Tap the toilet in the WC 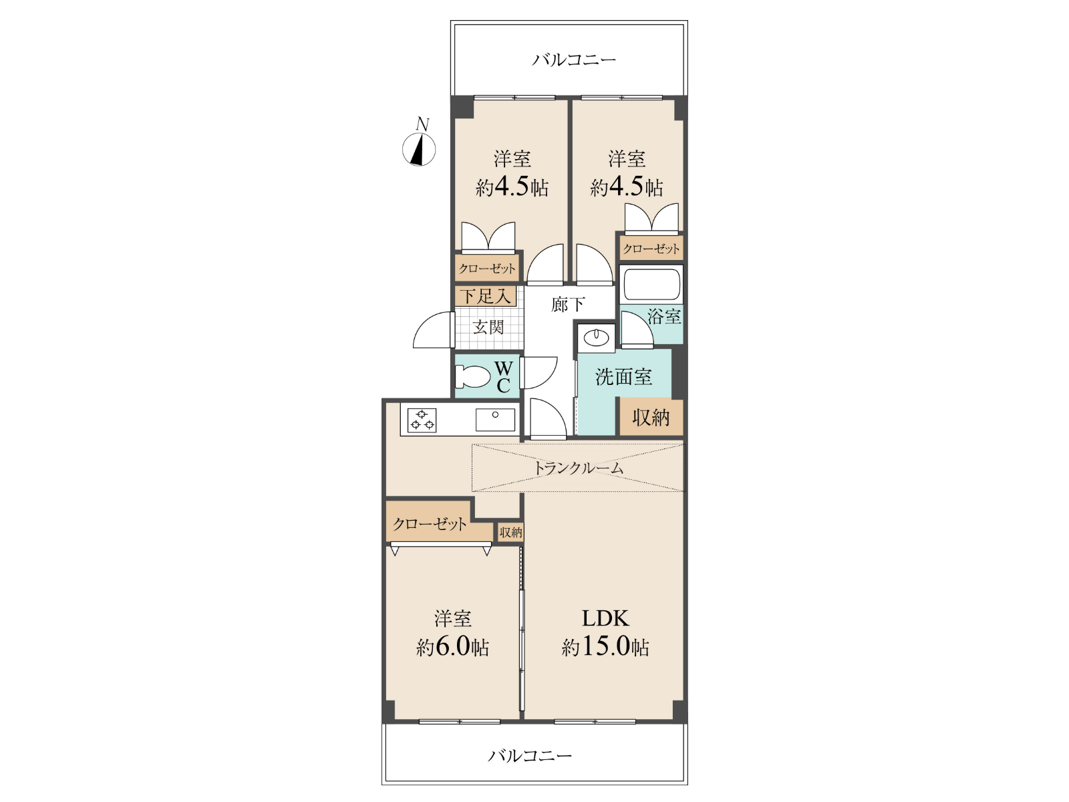(472, 376)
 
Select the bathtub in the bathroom (651, 285)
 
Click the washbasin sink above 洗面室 (596, 338)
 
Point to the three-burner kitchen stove (422, 420)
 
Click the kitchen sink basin (495, 419)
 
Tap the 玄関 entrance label (488, 327)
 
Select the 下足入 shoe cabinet (486, 296)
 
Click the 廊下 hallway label (568, 304)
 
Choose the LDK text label (605, 618)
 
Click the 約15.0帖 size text (605, 647)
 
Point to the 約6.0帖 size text (452, 647)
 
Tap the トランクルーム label (578, 468)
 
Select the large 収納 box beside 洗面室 (651, 417)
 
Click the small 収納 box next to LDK (510, 532)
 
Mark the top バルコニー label (574, 60)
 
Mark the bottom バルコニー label (530, 756)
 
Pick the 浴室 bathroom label (664, 317)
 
